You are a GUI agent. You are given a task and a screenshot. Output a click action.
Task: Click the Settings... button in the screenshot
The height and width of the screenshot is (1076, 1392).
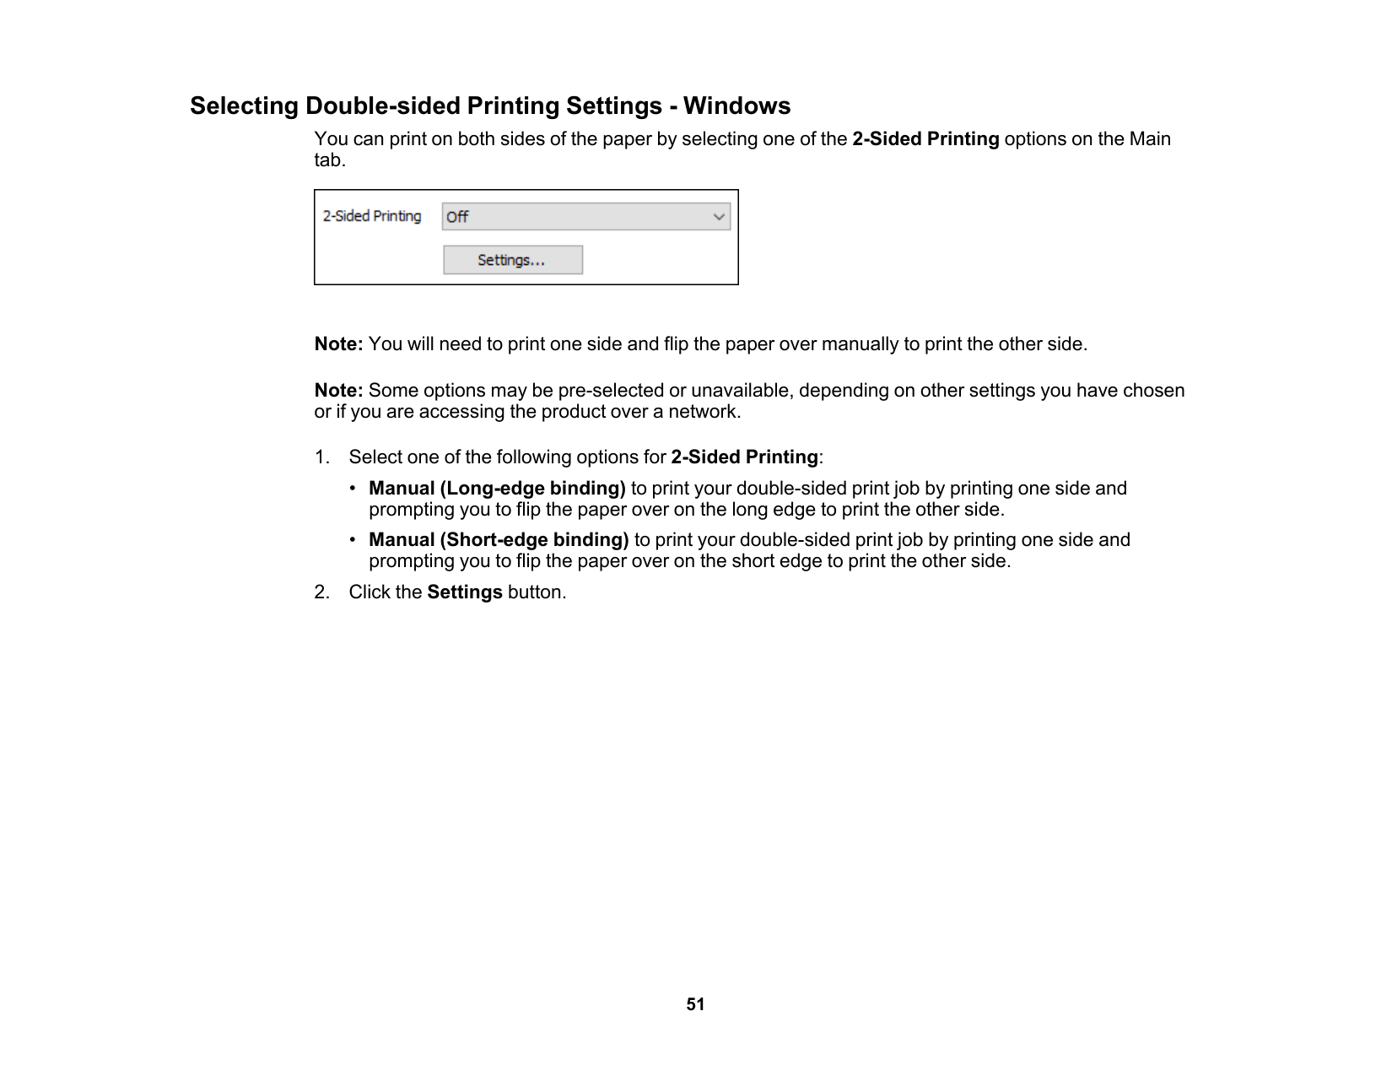pos(513,260)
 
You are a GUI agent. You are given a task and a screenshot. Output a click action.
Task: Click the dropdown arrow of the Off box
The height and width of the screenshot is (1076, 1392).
pos(719,217)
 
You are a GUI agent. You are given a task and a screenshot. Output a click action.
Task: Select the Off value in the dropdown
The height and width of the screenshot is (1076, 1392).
pos(458,217)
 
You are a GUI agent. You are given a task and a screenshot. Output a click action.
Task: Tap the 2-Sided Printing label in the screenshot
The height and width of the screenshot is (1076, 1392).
pos(372,216)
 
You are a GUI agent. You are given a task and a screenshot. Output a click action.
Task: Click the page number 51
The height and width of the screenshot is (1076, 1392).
pos(695,1004)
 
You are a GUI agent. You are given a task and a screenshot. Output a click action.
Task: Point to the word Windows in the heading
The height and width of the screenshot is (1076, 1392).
pos(736,106)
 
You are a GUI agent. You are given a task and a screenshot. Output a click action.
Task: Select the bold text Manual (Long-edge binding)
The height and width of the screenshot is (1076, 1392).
pos(497,489)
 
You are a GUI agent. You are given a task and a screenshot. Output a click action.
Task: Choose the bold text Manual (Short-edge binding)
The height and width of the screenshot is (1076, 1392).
pos(499,540)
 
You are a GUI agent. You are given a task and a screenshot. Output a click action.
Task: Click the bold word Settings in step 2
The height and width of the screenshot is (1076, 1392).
pos(465,592)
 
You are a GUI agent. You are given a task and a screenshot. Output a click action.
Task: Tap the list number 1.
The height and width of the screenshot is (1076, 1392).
pos(321,457)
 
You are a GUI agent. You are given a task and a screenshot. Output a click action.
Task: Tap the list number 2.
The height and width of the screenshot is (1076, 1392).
pos(321,592)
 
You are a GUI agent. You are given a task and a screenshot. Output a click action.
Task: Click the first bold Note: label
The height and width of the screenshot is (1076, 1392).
pos(339,344)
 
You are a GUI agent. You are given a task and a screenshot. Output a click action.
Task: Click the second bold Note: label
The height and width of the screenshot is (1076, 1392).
pos(339,391)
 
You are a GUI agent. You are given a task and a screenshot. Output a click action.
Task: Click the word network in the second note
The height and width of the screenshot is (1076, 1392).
pos(707,412)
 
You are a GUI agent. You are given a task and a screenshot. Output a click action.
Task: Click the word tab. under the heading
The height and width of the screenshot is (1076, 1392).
pos(330,160)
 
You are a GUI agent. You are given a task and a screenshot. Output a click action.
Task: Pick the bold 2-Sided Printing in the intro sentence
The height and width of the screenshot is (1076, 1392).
pos(925,139)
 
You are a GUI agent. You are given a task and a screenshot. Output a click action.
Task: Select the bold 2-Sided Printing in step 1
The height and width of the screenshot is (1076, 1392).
pos(744,457)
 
